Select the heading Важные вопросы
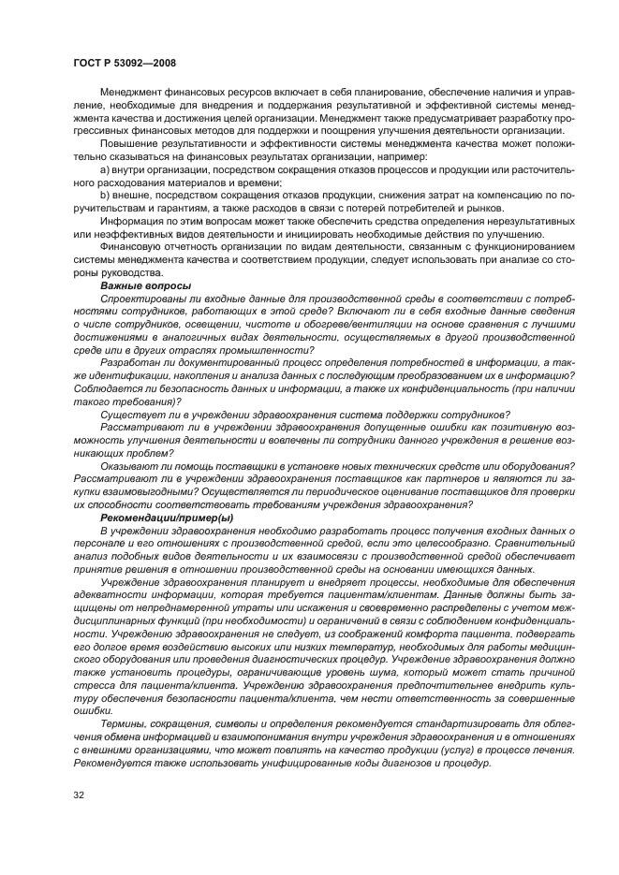145,284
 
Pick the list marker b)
105,194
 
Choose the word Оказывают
128,466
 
